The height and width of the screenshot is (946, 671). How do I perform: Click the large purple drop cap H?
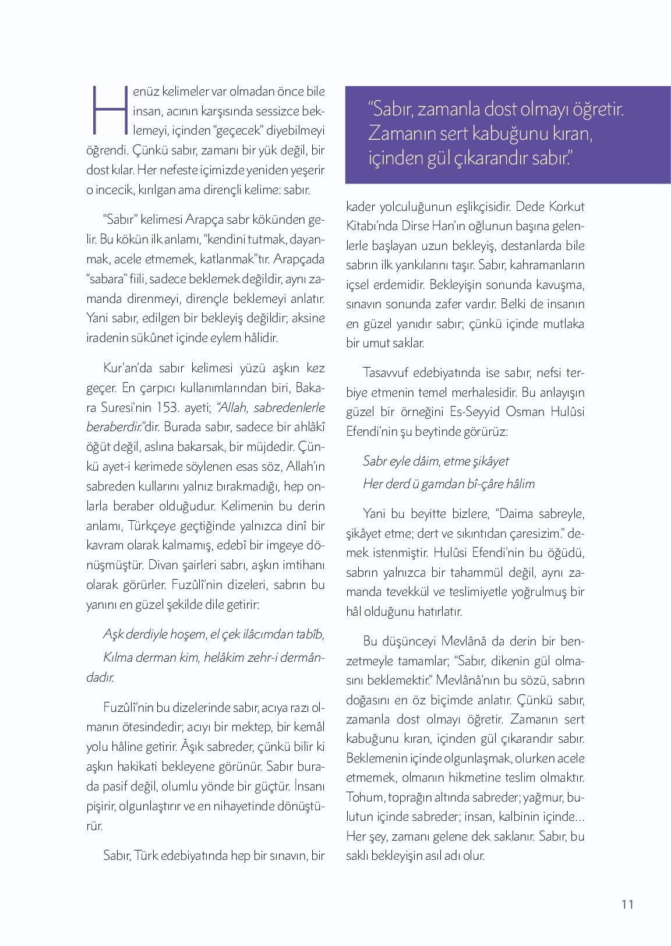coord(108,110)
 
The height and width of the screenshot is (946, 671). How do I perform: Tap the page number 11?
coord(627,904)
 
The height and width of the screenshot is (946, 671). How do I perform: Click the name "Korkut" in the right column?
coord(564,206)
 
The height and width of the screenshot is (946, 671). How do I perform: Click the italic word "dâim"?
coord(425,461)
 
